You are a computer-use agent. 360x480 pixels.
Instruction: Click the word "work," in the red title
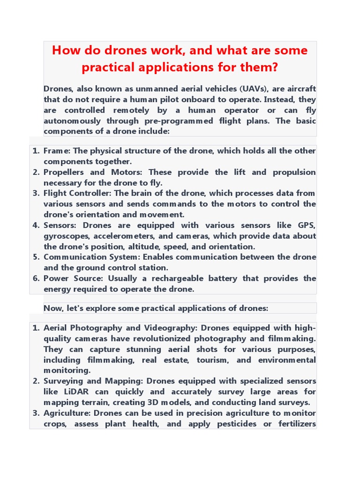(x=152, y=51)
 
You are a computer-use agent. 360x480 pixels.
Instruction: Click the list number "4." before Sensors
(x=36, y=225)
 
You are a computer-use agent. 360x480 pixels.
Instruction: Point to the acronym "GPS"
(x=307, y=225)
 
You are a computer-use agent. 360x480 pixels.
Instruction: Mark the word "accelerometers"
(x=124, y=236)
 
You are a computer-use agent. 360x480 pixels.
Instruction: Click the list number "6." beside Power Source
(x=36, y=278)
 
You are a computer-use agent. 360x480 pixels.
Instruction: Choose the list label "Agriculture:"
(x=67, y=413)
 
